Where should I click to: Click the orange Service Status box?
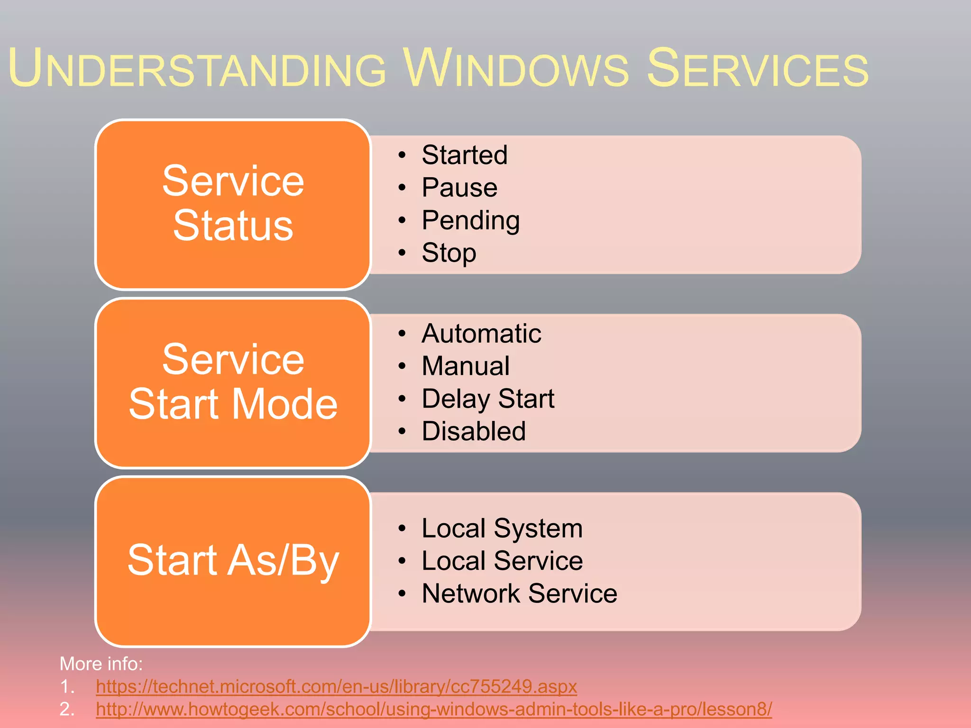click(233, 204)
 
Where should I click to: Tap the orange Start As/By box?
click(233, 561)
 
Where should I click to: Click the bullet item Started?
click(464, 155)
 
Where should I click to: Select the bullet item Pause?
click(459, 188)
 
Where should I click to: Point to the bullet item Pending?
click(470, 220)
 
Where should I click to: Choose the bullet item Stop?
click(449, 253)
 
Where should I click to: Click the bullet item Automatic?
click(481, 334)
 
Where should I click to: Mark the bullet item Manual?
click(465, 366)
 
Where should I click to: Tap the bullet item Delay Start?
click(487, 399)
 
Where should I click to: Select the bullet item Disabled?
click(473, 431)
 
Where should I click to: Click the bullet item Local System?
click(502, 528)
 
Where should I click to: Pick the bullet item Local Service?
click(502, 561)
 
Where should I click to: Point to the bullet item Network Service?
click(519, 593)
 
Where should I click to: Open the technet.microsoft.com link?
click(336, 686)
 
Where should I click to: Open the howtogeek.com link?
click(434, 709)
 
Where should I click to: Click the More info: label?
click(101, 664)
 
